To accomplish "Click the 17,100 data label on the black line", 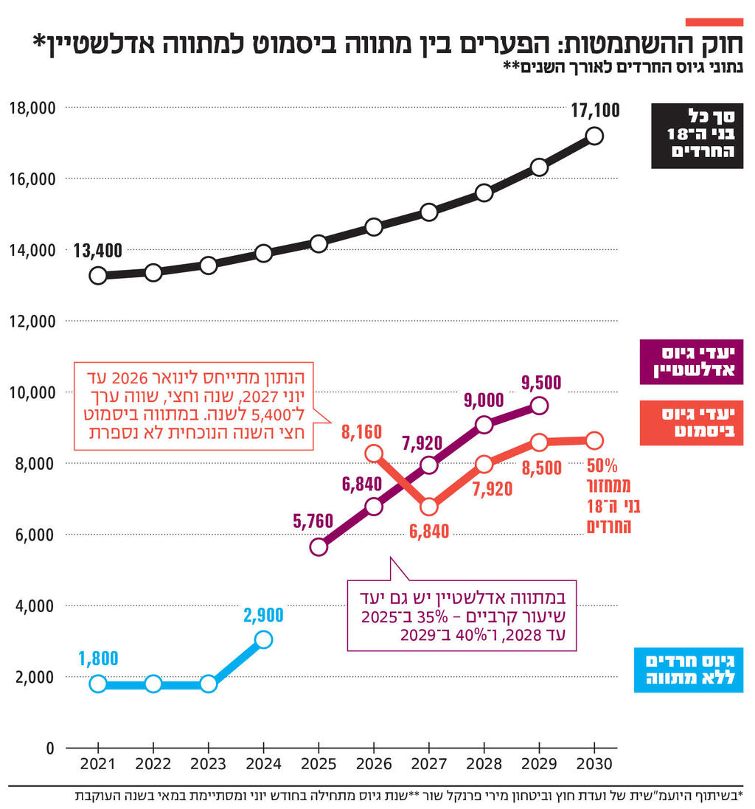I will (595, 111).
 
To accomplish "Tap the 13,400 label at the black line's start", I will (98, 251).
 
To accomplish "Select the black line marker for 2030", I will (594, 136).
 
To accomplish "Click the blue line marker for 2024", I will (264, 639).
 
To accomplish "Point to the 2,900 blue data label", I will (263, 615).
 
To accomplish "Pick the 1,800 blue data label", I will (98, 659).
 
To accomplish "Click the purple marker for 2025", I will (319, 546).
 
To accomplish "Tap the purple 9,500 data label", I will (541, 382).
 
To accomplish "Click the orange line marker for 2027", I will (429, 507).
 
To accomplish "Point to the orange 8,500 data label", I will (541, 468).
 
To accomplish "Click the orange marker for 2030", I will (594, 440).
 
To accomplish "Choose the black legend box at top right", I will (697, 136).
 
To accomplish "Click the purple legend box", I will (691, 362).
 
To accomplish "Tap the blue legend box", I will (688, 670).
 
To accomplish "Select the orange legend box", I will (691, 423).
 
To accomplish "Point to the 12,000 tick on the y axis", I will (34, 322).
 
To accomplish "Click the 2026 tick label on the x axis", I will (374, 765).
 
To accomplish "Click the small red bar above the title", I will (714, 21).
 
